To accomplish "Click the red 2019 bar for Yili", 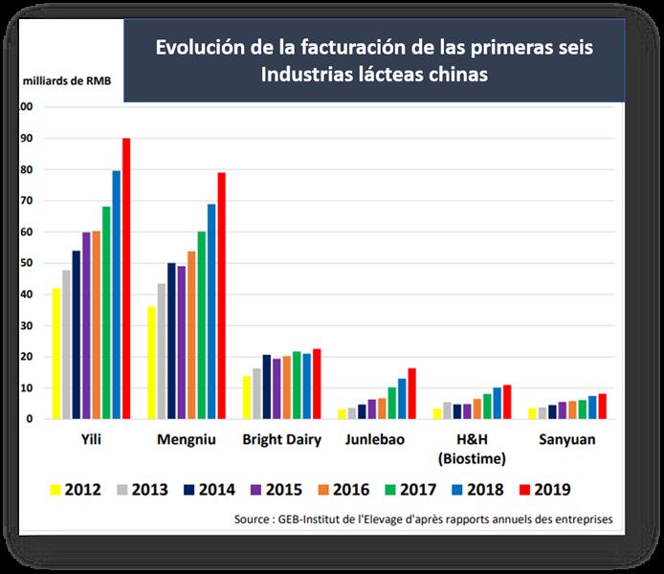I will (x=126, y=278).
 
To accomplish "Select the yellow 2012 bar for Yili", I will (x=56, y=353).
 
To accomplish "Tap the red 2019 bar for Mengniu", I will (x=222, y=296).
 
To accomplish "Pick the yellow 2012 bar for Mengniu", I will (x=151, y=363).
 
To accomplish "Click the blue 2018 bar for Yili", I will (x=116, y=295).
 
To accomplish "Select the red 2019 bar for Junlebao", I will (x=412, y=393).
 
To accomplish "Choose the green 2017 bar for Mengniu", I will (x=202, y=325).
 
